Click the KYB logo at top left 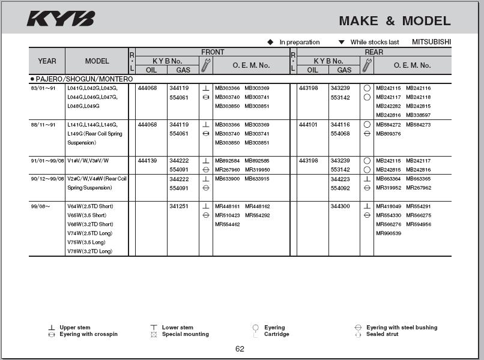(x=60, y=19)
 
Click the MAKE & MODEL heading (x=395, y=21)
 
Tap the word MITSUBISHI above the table (x=431, y=42)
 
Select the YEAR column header (x=47, y=61)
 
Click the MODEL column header (x=97, y=61)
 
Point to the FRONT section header (x=213, y=52)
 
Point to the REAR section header (x=374, y=52)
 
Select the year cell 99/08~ (x=40, y=206)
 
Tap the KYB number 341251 (x=179, y=206)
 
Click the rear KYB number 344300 (x=340, y=206)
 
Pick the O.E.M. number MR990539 (x=388, y=233)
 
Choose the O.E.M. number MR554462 (x=227, y=224)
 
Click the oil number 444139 (x=147, y=161)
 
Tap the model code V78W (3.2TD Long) (x=90, y=251)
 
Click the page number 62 (x=240, y=349)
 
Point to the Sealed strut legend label (x=382, y=334)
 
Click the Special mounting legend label (x=185, y=334)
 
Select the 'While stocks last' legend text (x=374, y=42)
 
